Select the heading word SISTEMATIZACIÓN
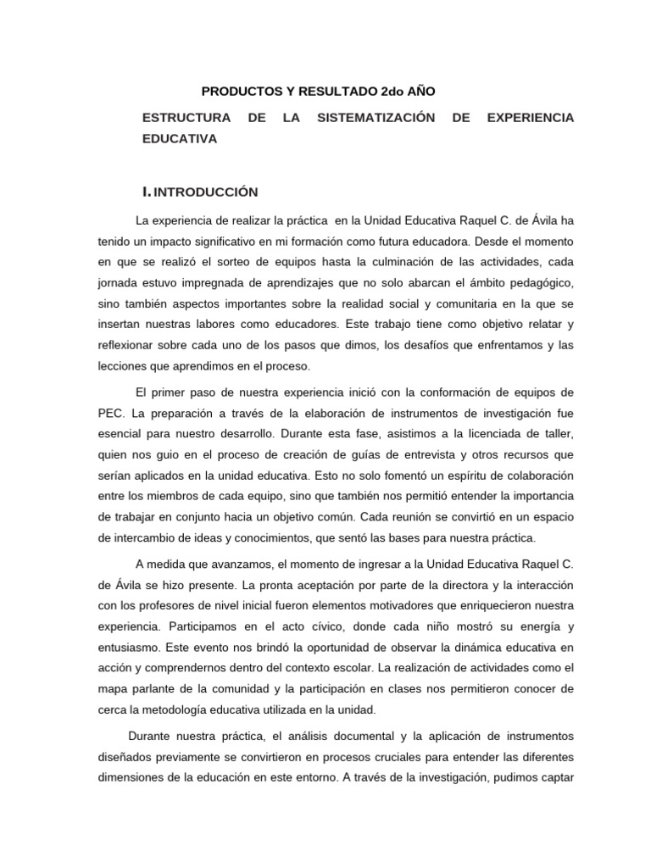(376, 117)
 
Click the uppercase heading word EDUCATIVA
(180, 138)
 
